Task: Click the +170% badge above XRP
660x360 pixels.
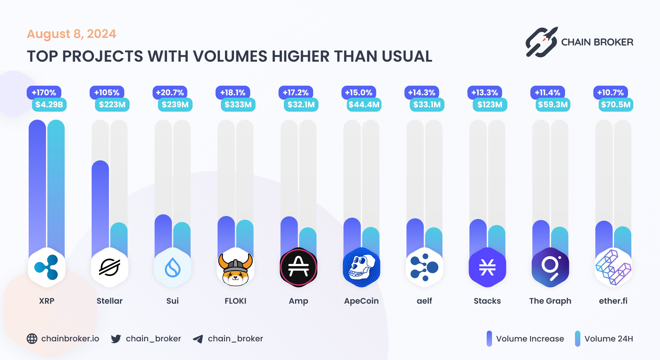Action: click(x=44, y=92)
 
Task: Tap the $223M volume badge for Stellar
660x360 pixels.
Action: click(x=112, y=105)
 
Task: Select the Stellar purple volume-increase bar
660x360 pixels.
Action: click(x=100, y=207)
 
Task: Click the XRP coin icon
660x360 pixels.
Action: click(x=47, y=267)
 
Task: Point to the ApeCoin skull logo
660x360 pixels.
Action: click(x=361, y=267)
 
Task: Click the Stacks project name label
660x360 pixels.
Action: click(x=487, y=301)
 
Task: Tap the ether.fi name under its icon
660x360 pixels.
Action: click(x=613, y=301)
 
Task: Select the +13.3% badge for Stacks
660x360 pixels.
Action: click(x=484, y=92)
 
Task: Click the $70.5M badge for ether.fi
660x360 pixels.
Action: click(x=616, y=105)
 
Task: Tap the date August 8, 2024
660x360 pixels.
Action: click(x=71, y=34)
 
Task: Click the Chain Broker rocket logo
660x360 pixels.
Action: click(x=541, y=42)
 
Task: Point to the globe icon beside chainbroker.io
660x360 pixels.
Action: click(x=32, y=339)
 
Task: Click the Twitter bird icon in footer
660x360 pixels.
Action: click(x=116, y=339)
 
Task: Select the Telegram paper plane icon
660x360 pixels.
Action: click(x=198, y=339)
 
